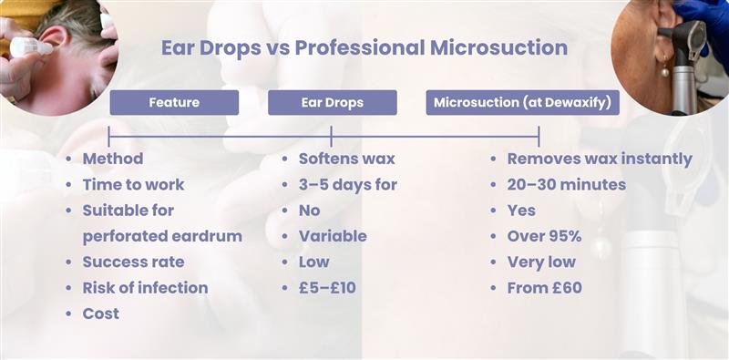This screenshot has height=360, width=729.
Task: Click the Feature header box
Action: click(174, 103)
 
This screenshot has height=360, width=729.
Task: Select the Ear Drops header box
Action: click(332, 103)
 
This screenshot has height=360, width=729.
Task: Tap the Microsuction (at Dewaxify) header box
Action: click(522, 103)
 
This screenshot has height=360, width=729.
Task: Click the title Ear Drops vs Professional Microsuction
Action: click(364, 46)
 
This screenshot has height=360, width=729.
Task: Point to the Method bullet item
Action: click(113, 159)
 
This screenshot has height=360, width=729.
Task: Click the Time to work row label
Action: click(133, 184)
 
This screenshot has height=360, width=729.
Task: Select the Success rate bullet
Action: click(133, 262)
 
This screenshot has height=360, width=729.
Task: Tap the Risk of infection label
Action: click(145, 287)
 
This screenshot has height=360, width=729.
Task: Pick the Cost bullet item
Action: click(100, 314)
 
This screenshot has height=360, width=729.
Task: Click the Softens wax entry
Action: click(346, 159)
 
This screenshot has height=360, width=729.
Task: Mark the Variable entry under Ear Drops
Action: click(333, 236)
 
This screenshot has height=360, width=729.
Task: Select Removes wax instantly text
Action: click(599, 159)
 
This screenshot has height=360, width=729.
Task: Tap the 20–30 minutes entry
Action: click(566, 184)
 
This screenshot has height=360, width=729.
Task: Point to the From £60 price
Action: click(544, 287)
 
